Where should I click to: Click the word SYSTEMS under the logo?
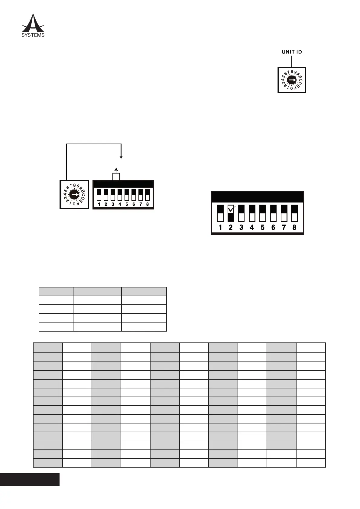[33, 35]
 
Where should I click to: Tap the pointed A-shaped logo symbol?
[33, 23]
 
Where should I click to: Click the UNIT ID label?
[292, 52]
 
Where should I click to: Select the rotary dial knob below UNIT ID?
[292, 80]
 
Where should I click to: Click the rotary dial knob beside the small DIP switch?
[74, 195]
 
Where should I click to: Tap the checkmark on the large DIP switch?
[231, 208]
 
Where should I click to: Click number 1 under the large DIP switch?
[220, 227]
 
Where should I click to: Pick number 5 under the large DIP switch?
[263, 227]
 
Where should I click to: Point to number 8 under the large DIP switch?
[294, 227]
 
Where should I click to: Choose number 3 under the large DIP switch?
[241, 227]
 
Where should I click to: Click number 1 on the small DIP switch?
[99, 204]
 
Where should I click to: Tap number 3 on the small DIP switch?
[113, 204]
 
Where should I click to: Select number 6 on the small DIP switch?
[134, 204]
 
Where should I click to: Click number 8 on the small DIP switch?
[148, 204]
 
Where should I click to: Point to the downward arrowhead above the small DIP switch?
[121, 157]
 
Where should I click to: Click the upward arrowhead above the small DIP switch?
[116, 169]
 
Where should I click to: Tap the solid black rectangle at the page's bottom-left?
[30, 479]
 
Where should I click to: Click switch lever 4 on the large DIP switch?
[252, 213]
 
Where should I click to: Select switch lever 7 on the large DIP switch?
[284, 213]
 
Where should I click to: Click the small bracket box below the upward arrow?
[116, 177]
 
